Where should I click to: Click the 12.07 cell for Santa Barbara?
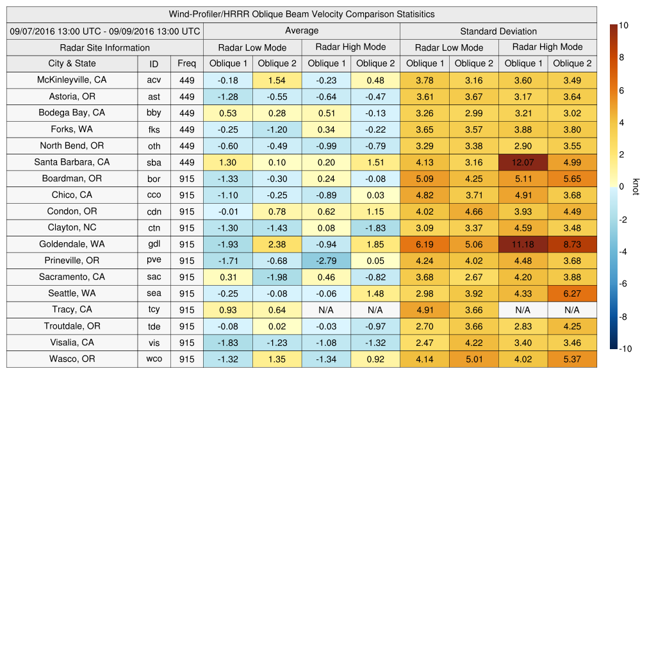coord(523,162)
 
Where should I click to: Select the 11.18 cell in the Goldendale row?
coord(523,244)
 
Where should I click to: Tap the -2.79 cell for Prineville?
coord(326,261)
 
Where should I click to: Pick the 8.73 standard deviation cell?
coord(572,244)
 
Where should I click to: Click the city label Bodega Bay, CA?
coord(72,113)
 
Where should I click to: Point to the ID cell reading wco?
coord(154,359)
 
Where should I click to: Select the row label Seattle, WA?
coord(72,293)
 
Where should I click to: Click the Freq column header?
coord(186,63)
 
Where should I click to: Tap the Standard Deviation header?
coord(498,31)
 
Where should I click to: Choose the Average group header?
coord(301,31)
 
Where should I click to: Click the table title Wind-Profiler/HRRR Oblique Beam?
coord(301,14)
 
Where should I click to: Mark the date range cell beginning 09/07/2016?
coord(104,31)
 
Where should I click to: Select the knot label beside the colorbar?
coord(635,186)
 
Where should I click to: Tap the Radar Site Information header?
coord(104,47)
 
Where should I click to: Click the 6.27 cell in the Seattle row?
coord(572,293)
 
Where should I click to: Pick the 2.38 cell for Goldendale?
coord(277,244)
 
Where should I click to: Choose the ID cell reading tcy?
coord(154,310)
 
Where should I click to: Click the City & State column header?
coord(72,63)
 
